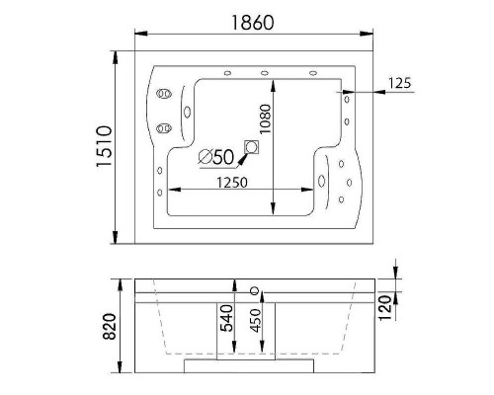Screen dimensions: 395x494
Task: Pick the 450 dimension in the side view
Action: [x=256, y=326]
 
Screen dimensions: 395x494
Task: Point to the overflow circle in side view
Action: [x=256, y=290]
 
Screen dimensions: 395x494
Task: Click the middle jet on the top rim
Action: [x=265, y=71]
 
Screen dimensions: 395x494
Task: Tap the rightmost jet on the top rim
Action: [x=314, y=71]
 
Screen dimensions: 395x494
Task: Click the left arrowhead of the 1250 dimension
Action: [x=173, y=191]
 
